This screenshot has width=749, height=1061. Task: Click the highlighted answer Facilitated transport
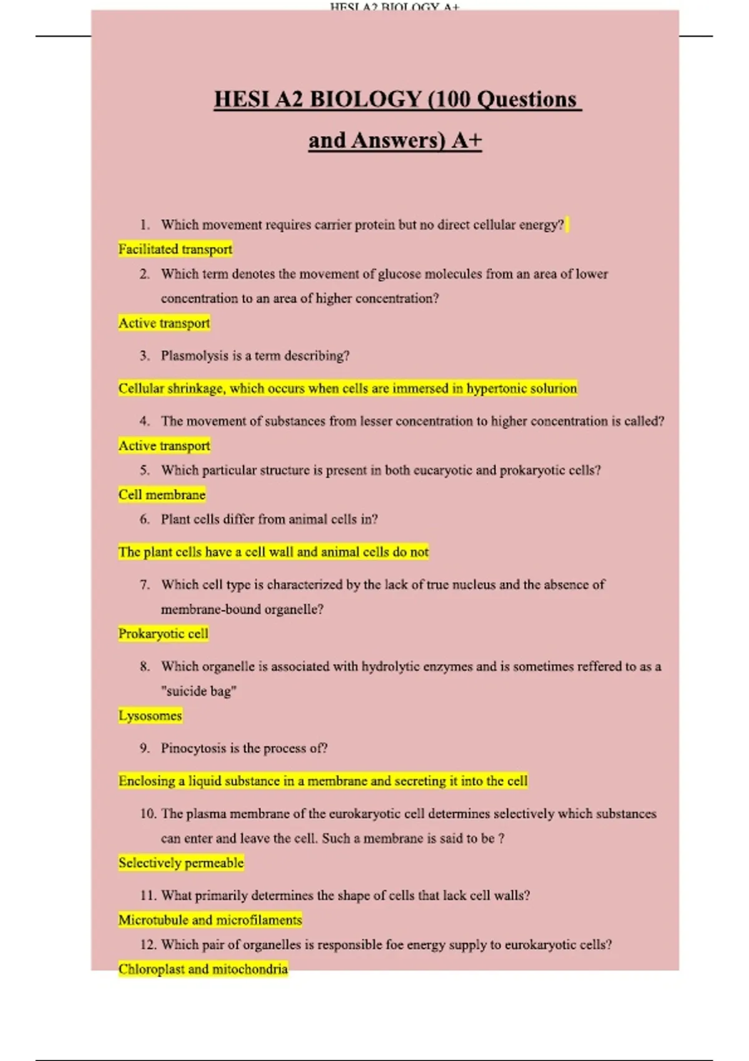175,249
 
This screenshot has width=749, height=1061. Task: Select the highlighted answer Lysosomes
150,715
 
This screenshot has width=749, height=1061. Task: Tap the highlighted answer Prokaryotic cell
164,633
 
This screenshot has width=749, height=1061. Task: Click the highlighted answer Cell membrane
162,494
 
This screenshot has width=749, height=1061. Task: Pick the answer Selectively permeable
181,863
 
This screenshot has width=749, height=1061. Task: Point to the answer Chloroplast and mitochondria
203,969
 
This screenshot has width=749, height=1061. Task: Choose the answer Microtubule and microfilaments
210,919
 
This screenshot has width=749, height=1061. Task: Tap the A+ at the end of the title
467,140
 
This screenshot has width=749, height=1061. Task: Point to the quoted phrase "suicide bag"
198,691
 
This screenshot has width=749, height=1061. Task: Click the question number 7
145,584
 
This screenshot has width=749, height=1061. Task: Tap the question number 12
148,944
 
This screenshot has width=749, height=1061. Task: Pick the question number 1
145,225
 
